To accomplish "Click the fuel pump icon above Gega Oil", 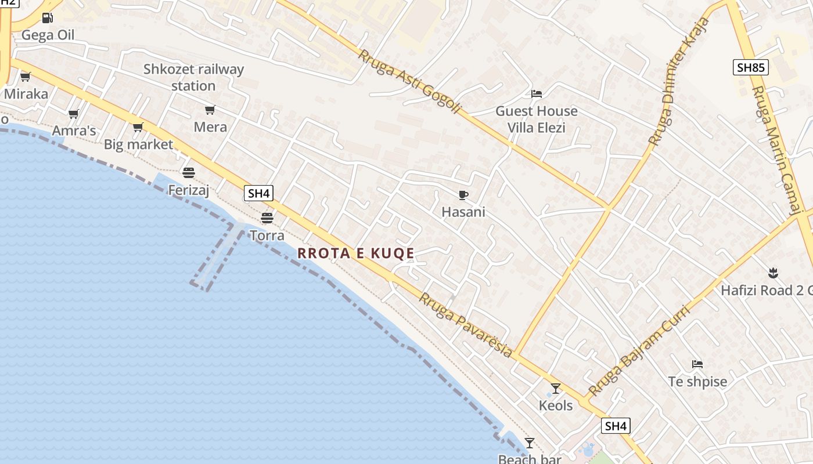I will click(x=48, y=18).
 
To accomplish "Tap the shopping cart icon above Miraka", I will click(x=25, y=77).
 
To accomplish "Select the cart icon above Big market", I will click(x=138, y=128).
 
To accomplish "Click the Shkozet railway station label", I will click(x=193, y=77).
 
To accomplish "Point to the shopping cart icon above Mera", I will click(x=210, y=110).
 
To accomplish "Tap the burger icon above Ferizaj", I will click(x=188, y=172).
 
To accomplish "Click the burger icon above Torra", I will click(x=267, y=218).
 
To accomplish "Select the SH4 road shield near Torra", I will click(x=258, y=193).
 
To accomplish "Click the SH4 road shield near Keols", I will click(x=616, y=426).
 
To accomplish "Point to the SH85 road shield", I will click(x=750, y=67).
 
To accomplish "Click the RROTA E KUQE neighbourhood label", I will click(x=356, y=253).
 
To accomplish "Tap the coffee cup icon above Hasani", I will click(x=463, y=195).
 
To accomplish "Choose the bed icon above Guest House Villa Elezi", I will click(x=536, y=93).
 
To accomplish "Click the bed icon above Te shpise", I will click(x=697, y=364).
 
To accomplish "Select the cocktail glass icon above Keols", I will click(x=556, y=388).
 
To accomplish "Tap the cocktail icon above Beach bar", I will click(x=529, y=443).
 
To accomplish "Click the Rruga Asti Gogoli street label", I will click(x=409, y=82).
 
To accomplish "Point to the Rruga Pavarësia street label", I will click(x=466, y=324).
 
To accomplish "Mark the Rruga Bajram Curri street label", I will click(x=639, y=350).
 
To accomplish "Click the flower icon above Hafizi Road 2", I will click(x=772, y=272).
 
